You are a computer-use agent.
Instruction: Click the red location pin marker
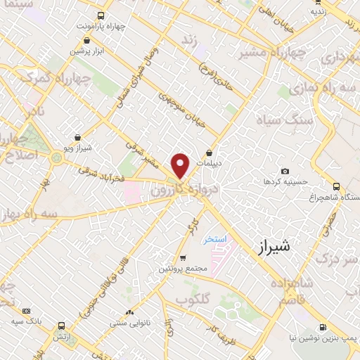coord(181,166)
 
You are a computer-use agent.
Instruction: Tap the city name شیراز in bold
coord(274,247)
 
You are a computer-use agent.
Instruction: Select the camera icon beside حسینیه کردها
coord(285,172)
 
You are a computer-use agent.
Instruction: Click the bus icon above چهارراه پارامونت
coord(101,15)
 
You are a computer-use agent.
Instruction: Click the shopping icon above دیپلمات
coord(209,153)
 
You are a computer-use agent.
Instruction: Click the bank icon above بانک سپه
coord(27,310)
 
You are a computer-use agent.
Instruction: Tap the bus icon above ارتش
coord(62,326)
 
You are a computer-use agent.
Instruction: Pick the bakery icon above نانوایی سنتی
coord(128,312)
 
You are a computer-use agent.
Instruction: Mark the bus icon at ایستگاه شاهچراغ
coord(337,186)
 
